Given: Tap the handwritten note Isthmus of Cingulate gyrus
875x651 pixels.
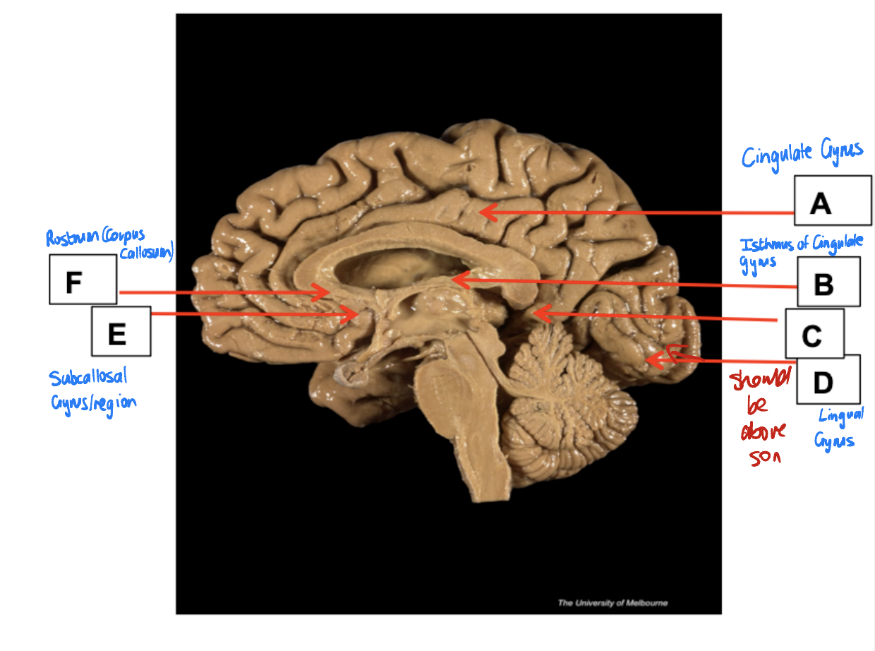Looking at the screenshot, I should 799,251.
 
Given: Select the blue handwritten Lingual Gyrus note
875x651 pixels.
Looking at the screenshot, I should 838,428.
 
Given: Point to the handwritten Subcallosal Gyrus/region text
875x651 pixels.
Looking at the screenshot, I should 92,390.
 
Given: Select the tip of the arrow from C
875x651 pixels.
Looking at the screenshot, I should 536,312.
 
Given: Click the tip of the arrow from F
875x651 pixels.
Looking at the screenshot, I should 327,291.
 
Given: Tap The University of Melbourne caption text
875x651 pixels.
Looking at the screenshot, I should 612,603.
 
